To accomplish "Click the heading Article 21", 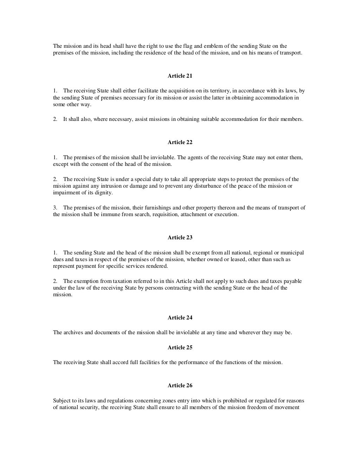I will tap(180, 76).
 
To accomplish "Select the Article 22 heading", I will tap(180, 142).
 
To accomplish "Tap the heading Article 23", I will tap(180, 238).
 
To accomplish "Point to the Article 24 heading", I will tap(180, 318).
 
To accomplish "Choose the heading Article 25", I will tap(180, 348).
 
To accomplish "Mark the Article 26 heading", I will tap(180, 386).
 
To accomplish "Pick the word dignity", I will tap(103, 193).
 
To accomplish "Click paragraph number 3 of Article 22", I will tap(55, 208).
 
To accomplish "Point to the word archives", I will tap(73, 332).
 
